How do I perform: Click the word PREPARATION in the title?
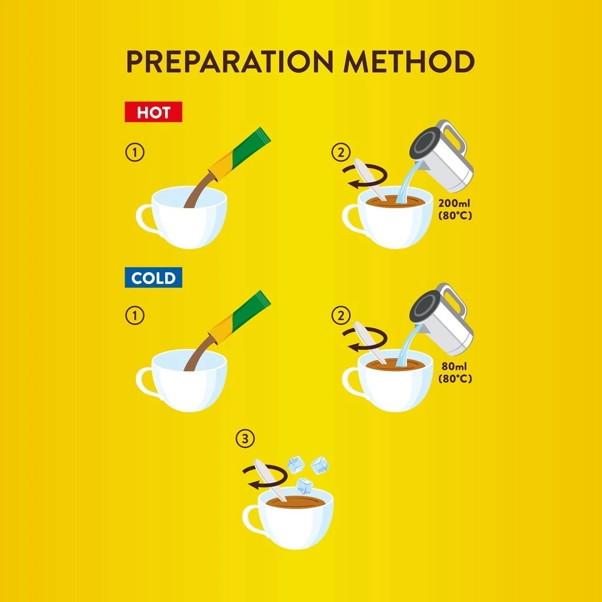pyautogui.click(x=230, y=61)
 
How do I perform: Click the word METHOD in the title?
pyautogui.click(x=409, y=61)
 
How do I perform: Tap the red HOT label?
pyautogui.click(x=153, y=112)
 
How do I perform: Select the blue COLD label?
pyautogui.click(x=153, y=277)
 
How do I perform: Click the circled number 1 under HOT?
pyautogui.click(x=135, y=152)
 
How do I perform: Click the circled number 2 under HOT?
pyautogui.click(x=341, y=152)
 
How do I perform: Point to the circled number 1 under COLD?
pyautogui.click(x=135, y=316)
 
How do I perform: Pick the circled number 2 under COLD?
pyautogui.click(x=341, y=316)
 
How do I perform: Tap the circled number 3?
pyautogui.click(x=245, y=439)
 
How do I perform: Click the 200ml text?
pyautogui.click(x=454, y=203)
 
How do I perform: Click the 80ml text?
pyautogui.click(x=454, y=366)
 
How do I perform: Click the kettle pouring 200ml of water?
pyautogui.click(x=442, y=155)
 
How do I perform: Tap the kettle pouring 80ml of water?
pyautogui.click(x=442, y=319)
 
